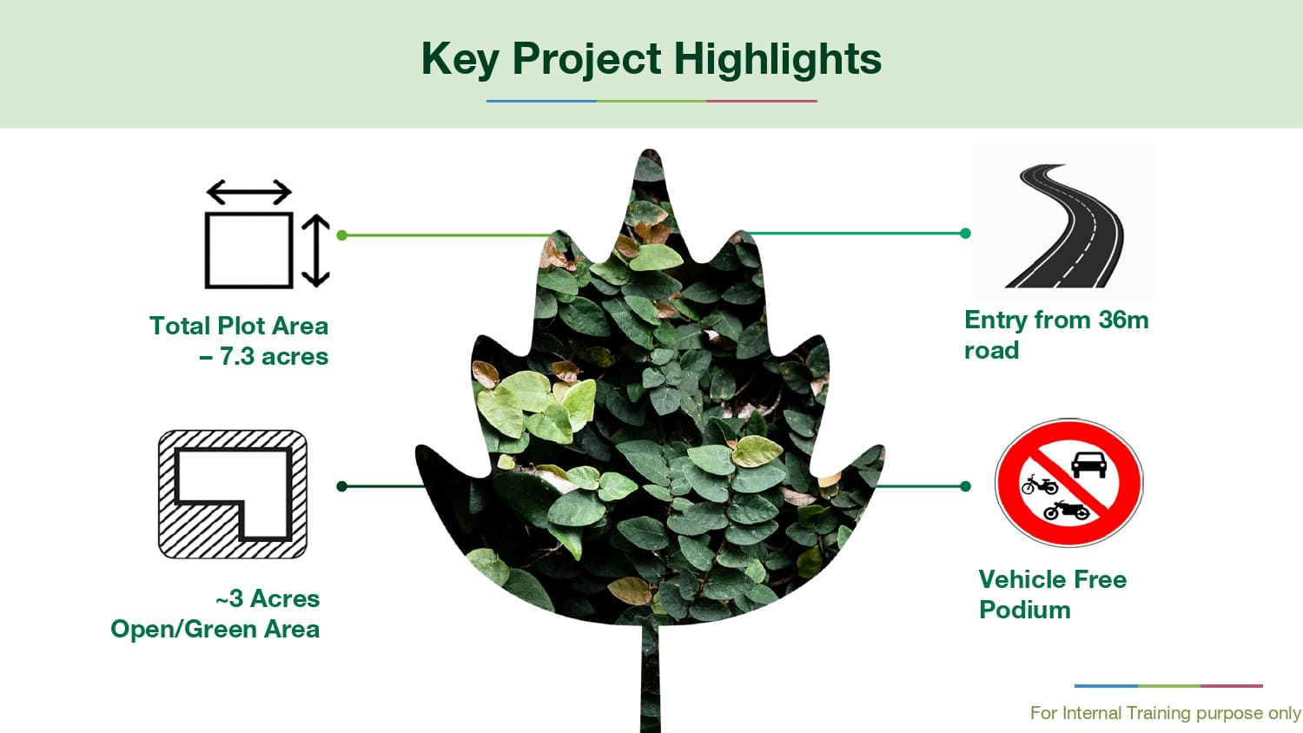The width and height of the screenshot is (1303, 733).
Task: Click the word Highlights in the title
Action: tap(777, 60)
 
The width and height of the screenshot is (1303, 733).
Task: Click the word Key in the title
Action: tap(460, 60)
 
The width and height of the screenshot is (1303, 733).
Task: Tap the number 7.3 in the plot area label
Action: tap(237, 356)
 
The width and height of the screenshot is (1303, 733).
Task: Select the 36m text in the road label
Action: tap(1123, 320)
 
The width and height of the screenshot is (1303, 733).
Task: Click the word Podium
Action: tap(1024, 611)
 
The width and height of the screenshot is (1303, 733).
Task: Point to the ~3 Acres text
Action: tap(268, 598)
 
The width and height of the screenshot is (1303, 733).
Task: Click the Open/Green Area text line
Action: tap(215, 630)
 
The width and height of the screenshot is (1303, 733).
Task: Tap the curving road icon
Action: tap(1065, 226)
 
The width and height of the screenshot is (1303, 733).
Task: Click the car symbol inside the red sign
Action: tap(1088, 465)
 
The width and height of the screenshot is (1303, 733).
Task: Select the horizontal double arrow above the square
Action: tap(249, 192)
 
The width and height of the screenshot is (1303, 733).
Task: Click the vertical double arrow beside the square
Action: tap(316, 251)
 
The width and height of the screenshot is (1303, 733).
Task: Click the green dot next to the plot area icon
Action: tap(342, 235)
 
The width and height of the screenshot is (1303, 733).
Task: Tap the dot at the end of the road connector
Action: tap(965, 234)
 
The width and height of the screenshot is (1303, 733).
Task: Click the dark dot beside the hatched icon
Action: tap(342, 485)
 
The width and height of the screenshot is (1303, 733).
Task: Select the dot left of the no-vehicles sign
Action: tap(965, 485)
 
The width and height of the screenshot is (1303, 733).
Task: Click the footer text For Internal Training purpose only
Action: tap(1165, 713)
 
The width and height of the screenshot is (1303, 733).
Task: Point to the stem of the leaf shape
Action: tap(651, 677)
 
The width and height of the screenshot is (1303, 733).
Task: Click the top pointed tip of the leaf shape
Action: tap(650, 150)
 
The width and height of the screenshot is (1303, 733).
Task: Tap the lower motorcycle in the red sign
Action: tap(1066, 510)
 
